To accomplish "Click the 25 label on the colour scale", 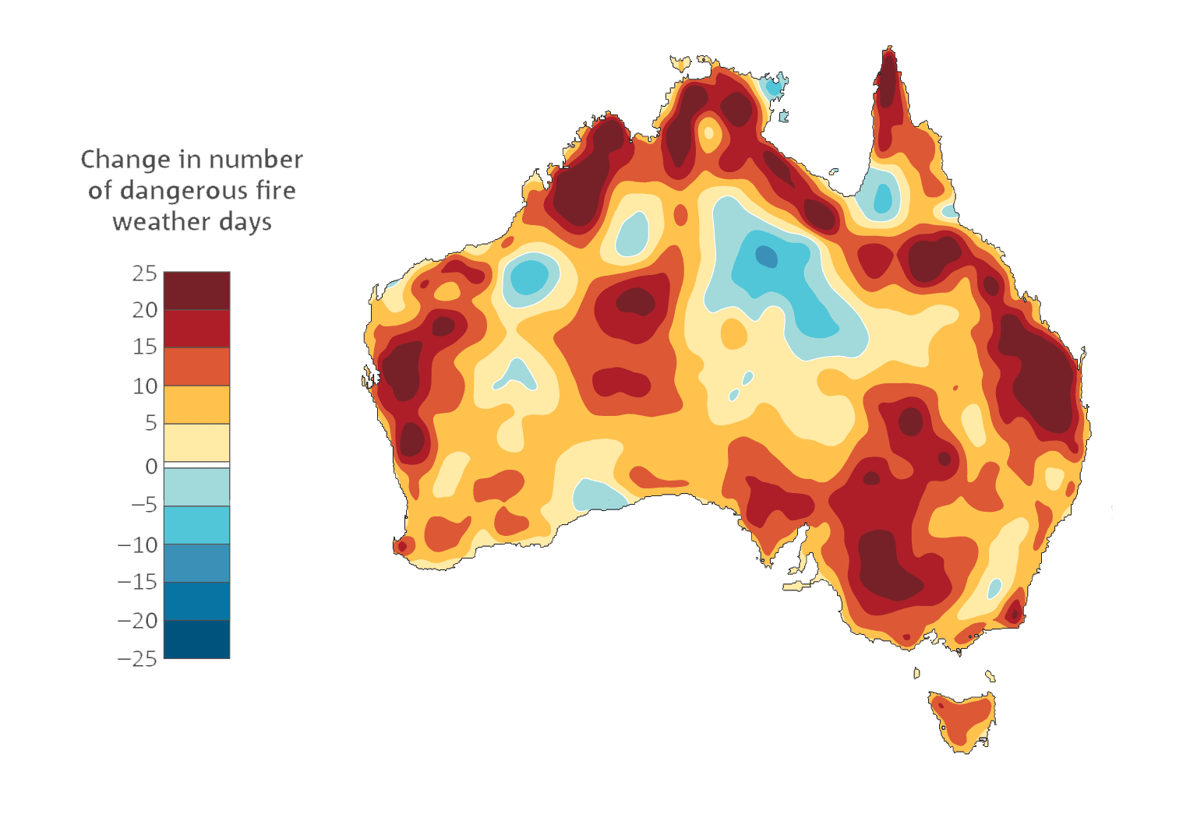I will click(x=145, y=273).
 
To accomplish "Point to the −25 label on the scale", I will click(x=137, y=659).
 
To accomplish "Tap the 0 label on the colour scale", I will click(x=151, y=466).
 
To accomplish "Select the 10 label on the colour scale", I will click(x=145, y=386).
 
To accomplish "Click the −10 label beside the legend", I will click(x=137, y=544).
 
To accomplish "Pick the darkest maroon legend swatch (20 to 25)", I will click(x=196, y=291).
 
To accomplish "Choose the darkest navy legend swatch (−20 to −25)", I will click(x=196, y=639).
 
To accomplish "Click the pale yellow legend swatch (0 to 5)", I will click(x=196, y=442).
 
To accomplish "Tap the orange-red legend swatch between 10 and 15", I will click(x=196, y=366).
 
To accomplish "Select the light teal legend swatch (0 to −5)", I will click(x=196, y=487).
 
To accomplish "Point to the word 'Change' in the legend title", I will click(x=125, y=159).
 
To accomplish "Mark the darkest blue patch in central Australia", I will click(x=767, y=255).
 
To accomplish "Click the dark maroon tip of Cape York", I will click(x=888, y=82).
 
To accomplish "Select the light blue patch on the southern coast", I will click(x=598, y=495).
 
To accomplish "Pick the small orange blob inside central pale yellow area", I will click(x=733, y=334).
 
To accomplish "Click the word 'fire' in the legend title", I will click(x=276, y=191).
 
